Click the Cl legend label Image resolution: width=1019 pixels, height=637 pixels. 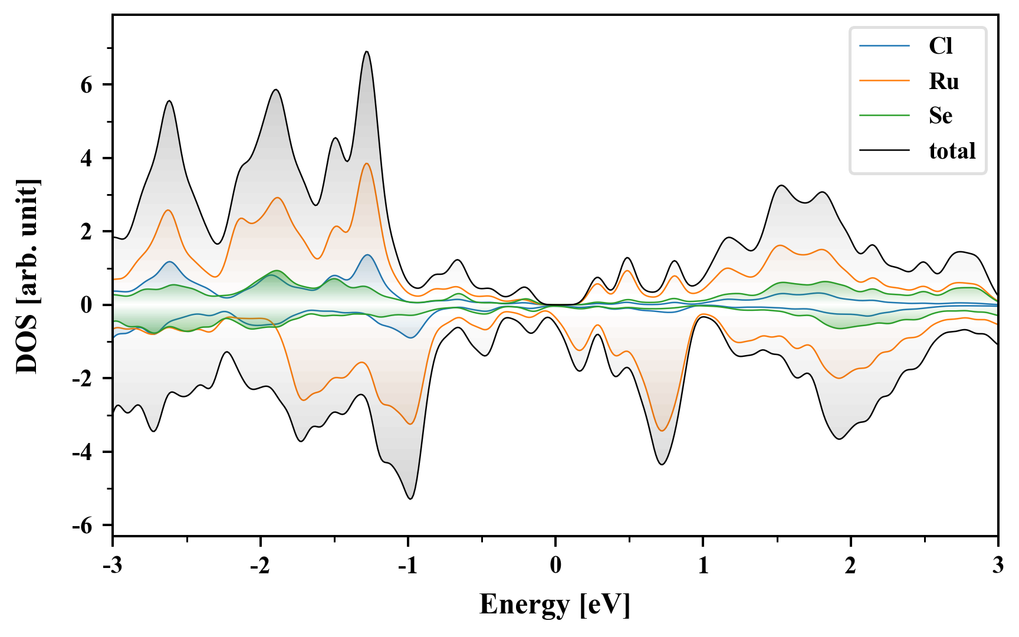(940, 46)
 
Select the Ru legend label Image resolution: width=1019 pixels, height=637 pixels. (944, 81)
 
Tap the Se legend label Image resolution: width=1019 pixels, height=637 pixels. (940, 116)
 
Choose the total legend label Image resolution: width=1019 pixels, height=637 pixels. (952, 151)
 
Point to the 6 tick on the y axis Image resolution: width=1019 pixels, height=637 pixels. (87, 86)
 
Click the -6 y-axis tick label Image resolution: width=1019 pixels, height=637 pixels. (83, 526)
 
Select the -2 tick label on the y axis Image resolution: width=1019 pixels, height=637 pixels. (83, 379)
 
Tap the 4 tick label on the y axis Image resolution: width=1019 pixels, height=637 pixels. (87, 159)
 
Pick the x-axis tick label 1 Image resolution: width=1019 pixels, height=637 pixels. (703, 566)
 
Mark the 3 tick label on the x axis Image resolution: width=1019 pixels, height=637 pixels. (998, 566)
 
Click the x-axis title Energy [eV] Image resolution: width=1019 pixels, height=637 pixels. (555, 605)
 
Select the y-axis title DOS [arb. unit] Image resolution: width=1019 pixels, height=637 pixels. (27, 276)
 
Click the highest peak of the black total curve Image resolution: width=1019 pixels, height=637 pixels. (367, 52)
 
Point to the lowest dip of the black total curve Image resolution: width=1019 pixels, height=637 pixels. (410, 499)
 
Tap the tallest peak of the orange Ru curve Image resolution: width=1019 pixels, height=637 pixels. (367, 163)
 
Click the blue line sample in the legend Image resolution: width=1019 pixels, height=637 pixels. (884, 46)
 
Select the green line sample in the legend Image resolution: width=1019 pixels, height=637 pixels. (884, 116)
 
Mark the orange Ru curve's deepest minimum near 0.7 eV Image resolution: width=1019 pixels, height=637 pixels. (662, 431)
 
